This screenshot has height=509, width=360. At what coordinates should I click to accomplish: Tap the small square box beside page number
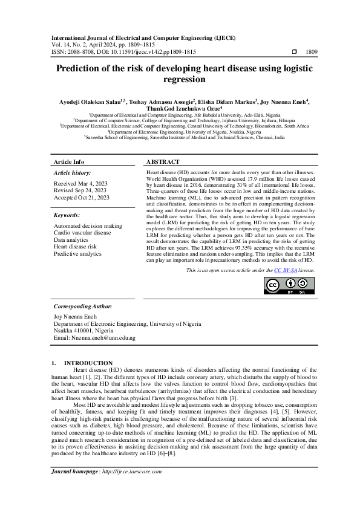295,53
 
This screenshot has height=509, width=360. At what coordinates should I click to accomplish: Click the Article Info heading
69,163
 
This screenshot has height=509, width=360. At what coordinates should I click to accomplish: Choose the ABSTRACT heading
163,163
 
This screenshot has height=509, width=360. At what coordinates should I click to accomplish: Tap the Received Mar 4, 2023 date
81,183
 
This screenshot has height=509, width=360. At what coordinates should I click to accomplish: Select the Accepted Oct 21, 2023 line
82,198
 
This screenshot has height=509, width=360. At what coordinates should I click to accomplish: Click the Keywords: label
67,215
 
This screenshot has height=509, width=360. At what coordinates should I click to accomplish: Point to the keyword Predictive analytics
77,254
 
